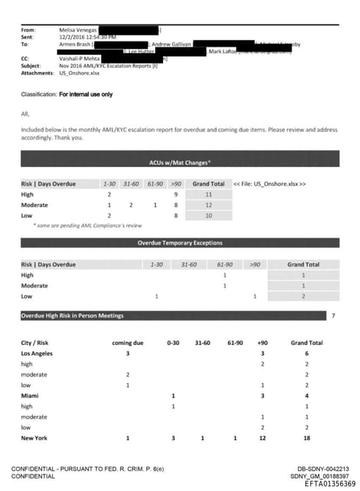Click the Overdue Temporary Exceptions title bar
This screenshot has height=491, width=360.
(x=179, y=243)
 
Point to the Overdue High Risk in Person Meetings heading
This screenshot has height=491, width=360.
(x=72, y=315)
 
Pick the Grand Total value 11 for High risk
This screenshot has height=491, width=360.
(x=208, y=194)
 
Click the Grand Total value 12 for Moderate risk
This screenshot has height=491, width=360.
(x=208, y=204)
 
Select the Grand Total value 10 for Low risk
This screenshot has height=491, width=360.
(x=208, y=216)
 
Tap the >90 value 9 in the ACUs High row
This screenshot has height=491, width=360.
(x=174, y=194)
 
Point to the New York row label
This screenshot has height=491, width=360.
(x=34, y=438)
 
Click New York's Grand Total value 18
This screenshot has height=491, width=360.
(x=307, y=438)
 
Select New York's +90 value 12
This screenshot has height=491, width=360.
(x=262, y=438)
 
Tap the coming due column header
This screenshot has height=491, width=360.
(x=128, y=342)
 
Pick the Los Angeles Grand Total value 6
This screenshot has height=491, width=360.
(x=307, y=353)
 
